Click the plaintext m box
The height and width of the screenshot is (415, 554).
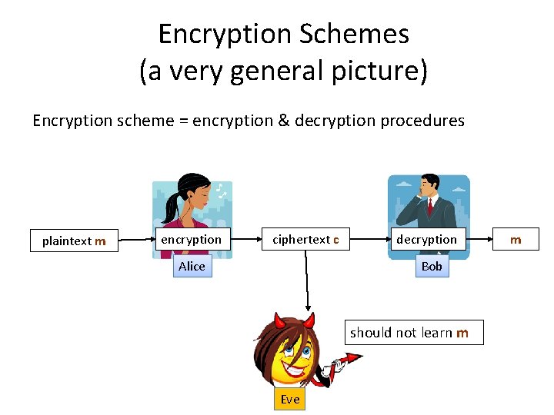pos(74,241)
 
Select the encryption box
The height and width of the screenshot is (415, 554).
pos(191,240)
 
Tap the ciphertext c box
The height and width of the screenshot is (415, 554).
pos(305,240)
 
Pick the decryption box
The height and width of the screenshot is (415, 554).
pos(426,240)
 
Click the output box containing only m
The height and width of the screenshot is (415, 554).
pos(516,240)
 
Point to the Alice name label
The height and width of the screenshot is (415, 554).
pos(192,266)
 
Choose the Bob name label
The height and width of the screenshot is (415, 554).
pos(432,266)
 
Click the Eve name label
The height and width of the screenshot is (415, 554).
pos(290,399)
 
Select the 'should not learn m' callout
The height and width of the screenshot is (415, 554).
pos(409,332)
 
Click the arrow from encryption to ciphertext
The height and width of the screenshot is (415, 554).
pos(244,240)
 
